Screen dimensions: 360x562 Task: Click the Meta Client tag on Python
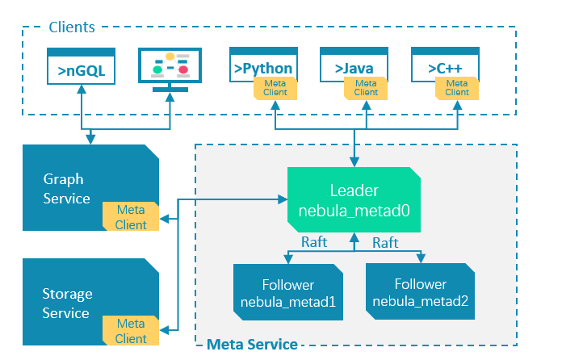(x=274, y=87)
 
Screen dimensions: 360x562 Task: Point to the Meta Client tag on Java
(x=366, y=87)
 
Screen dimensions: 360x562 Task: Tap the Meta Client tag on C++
(x=457, y=87)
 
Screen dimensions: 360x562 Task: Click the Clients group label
(x=72, y=27)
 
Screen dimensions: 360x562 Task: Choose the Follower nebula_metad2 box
(x=421, y=293)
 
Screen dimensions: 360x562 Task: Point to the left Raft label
(x=314, y=241)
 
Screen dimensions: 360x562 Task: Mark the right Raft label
(x=386, y=241)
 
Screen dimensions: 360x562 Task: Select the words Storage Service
(x=67, y=303)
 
